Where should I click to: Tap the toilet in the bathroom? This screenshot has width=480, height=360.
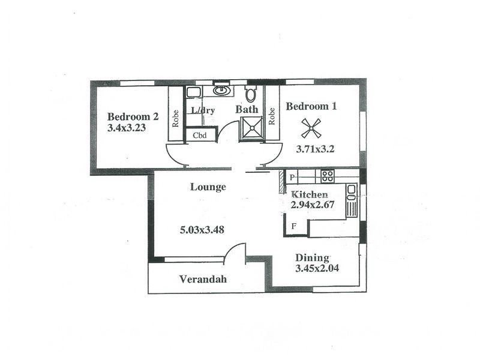[251, 94]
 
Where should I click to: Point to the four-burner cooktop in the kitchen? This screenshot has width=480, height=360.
[327, 176]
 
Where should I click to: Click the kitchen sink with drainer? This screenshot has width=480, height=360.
[352, 198]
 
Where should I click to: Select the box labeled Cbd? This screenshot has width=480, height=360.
[200, 136]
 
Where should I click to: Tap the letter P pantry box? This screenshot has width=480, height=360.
[292, 178]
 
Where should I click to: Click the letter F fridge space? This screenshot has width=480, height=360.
[293, 226]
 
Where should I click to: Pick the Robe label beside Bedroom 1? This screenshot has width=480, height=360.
[272, 115]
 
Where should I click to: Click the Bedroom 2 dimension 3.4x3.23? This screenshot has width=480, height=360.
[127, 128]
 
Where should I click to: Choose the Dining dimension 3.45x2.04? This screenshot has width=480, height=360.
[317, 268]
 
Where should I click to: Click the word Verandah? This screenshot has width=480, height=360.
[203, 279]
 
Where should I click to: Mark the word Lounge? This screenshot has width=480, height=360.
[208, 187]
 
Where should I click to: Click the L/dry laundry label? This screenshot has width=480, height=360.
[203, 110]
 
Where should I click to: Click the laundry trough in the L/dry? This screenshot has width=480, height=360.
[193, 92]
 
